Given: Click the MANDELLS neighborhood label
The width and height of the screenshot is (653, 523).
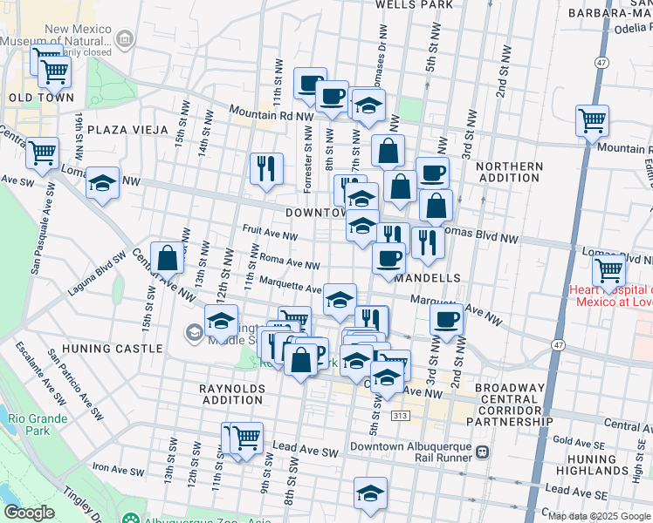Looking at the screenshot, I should point(427,278).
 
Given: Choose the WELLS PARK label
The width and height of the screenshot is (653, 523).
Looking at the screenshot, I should point(414,4).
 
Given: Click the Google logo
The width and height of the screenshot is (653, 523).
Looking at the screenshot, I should point(29,512).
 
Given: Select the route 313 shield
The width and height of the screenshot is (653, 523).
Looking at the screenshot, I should point(402,417).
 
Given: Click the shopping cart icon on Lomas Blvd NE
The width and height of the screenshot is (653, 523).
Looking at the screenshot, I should point(608,269).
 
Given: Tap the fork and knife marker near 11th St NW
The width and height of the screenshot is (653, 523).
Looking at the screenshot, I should point(265,166).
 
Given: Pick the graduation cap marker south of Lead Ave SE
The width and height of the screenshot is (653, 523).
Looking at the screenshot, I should point(370,492).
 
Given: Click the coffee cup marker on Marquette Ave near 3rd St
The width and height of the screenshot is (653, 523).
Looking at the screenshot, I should point(446,320).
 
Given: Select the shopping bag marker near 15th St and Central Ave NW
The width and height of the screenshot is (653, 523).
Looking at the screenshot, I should point(167,258).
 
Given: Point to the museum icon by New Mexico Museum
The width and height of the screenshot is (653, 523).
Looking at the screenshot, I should point(124,38).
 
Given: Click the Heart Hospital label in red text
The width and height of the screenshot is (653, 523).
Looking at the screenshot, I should point(610,295).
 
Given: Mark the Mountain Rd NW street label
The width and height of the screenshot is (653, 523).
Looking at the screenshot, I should point(272,113).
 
